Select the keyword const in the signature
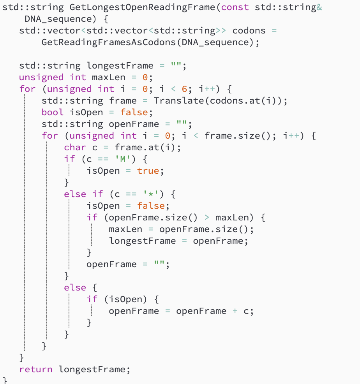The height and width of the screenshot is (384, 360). click(x=235, y=7)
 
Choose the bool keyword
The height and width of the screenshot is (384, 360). click(x=53, y=112)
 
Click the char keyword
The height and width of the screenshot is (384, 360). click(x=75, y=147)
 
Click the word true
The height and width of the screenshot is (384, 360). click(x=148, y=171)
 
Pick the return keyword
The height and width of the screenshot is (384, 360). click(x=36, y=369)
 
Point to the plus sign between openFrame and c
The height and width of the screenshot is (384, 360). click(x=235, y=311)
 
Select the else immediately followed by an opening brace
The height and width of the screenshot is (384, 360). click(x=75, y=287)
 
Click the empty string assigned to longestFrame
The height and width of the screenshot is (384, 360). click(x=176, y=65)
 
